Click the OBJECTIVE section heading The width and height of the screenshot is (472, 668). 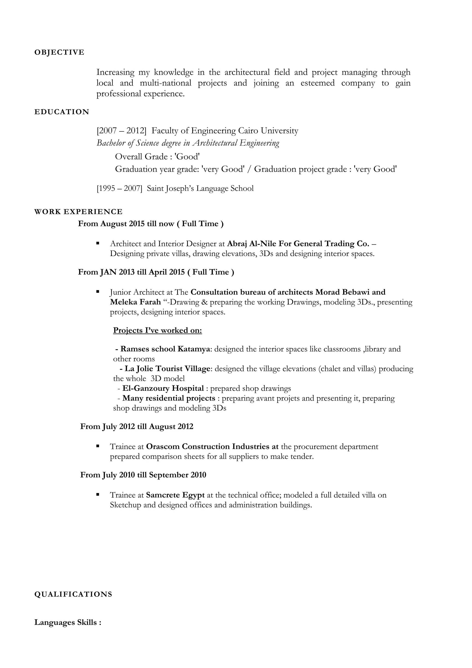tap(59, 52)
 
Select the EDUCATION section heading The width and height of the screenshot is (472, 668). tap(62, 112)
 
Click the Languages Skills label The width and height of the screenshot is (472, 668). tap(68, 622)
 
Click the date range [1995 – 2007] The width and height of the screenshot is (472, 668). tap(119, 189)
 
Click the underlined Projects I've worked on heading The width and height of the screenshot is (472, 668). tap(157, 331)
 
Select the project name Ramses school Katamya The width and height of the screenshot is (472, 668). tap(165, 349)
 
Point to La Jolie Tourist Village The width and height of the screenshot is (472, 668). tap(167, 369)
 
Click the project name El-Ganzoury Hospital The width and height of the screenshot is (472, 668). tap(163, 388)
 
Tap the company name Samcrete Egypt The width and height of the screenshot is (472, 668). tap(175, 495)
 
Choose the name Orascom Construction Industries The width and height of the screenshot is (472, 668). tap(208, 446)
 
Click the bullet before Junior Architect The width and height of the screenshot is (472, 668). tap(98, 291)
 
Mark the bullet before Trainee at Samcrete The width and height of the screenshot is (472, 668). tap(98, 494)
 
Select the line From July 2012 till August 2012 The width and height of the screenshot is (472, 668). tap(137, 426)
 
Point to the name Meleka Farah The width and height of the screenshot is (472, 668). tap(135, 302)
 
